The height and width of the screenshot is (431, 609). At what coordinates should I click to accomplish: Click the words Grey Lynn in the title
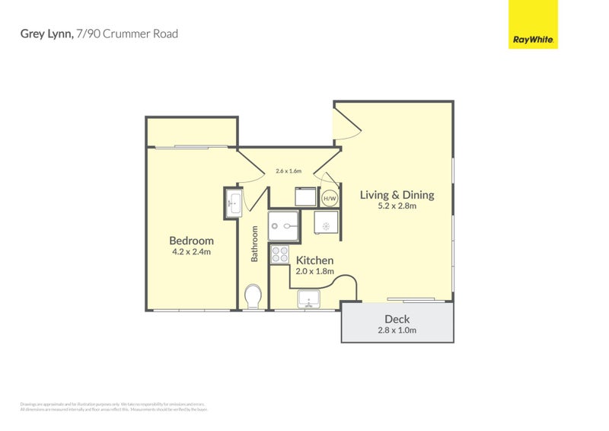coord(45,34)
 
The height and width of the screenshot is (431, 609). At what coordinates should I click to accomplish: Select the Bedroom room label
coord(191,241)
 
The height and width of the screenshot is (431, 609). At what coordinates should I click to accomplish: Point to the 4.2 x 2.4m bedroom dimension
coord(191,252)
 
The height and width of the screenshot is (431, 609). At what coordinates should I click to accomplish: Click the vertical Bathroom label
coord(255,244)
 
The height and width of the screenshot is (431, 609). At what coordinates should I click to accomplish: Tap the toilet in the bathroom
coord(253,295)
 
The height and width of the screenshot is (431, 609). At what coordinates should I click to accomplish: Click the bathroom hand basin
coord(233,204)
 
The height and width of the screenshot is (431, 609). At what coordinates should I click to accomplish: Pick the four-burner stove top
coord(279,255)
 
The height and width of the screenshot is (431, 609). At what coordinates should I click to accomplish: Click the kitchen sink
coord(311,298)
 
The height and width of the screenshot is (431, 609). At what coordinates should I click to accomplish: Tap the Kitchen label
coord(314,260)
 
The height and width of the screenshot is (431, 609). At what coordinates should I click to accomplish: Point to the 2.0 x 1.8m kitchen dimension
coord(314,272)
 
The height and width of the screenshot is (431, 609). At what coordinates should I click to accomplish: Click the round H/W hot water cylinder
coord(330,199)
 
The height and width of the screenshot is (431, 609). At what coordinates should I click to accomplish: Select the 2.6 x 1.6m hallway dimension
coord(289,171)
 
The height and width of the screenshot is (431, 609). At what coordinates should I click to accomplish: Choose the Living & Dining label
coord(397,195)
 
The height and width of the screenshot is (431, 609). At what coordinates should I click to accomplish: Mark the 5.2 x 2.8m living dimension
coord(397,206)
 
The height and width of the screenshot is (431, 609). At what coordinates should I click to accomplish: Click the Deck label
coord(397,319)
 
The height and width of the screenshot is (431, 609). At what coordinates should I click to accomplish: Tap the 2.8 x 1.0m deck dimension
coord(397,330)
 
